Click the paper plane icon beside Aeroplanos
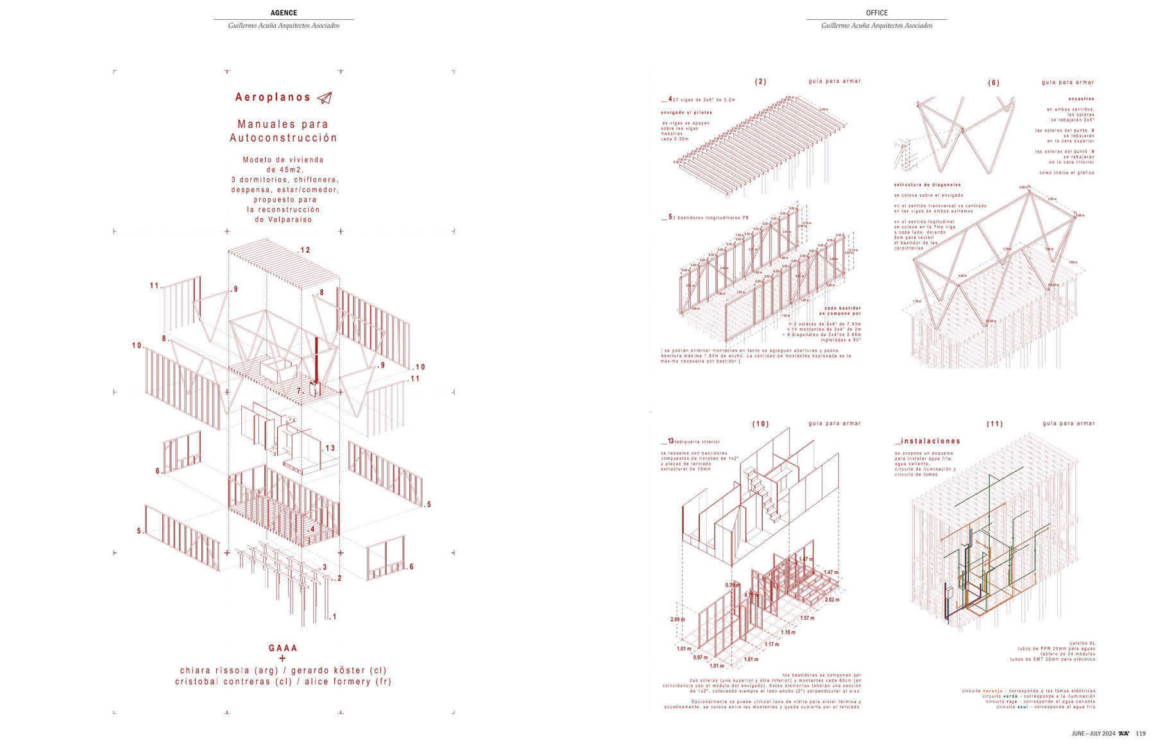pos(325,98)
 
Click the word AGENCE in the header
pos(284,13)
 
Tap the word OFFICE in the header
pos(876,13)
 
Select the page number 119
pos(1141,734)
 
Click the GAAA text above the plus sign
pos(283,648)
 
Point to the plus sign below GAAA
pos(282,659)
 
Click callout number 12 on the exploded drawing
pos(305,250)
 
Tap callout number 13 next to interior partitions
pos(330,448)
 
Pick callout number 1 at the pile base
pos(334,617)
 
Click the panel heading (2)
pos(760,82)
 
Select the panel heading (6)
pos(994,83)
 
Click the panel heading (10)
pos(760,424)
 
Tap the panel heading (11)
pos(994,424)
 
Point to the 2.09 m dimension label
pos(677,620)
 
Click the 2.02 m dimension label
pos(832,600)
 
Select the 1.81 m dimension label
pos(751,659)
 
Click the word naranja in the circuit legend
pos(992,691)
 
